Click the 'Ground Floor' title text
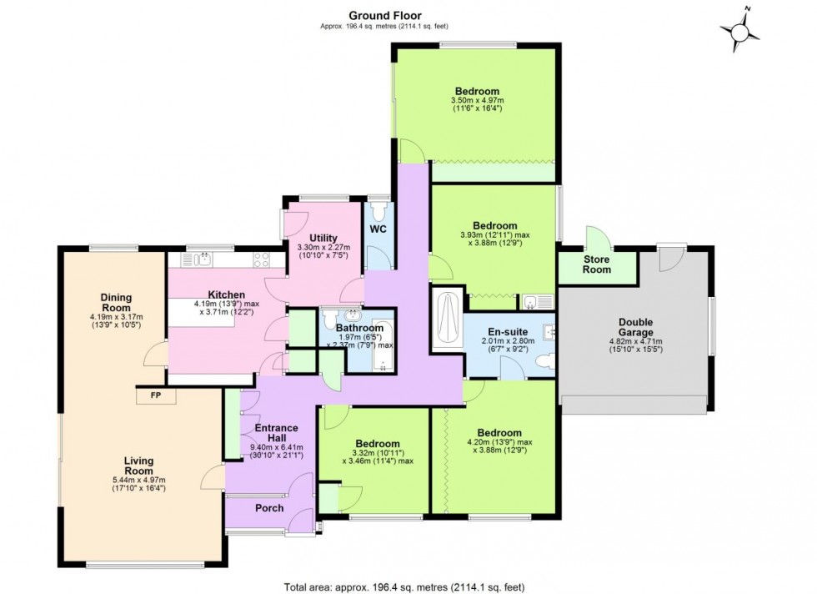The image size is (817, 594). pos(384,15)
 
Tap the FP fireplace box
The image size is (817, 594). pos(156,395)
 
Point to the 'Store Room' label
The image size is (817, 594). pos(596,264)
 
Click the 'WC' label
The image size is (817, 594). pos(379,229)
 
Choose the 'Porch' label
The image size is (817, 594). pos(268,508)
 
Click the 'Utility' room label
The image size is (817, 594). pos(323,238)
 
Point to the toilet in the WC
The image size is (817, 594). pos(379,206)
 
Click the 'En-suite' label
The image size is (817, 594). pos(504,330)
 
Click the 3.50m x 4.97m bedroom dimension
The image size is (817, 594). pos(477,102)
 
